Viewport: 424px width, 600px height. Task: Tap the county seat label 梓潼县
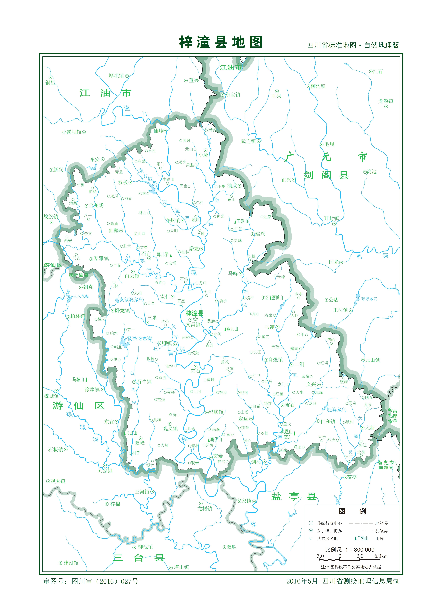click(x=194, y=313)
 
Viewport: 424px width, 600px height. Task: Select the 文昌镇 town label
click(x=193, y=324)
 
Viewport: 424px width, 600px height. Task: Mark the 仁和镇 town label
click(x=328, y=421)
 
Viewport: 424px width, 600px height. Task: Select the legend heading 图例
click(x=352, y=511)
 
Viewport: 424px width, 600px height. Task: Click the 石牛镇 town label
click(x=144, y=382)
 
